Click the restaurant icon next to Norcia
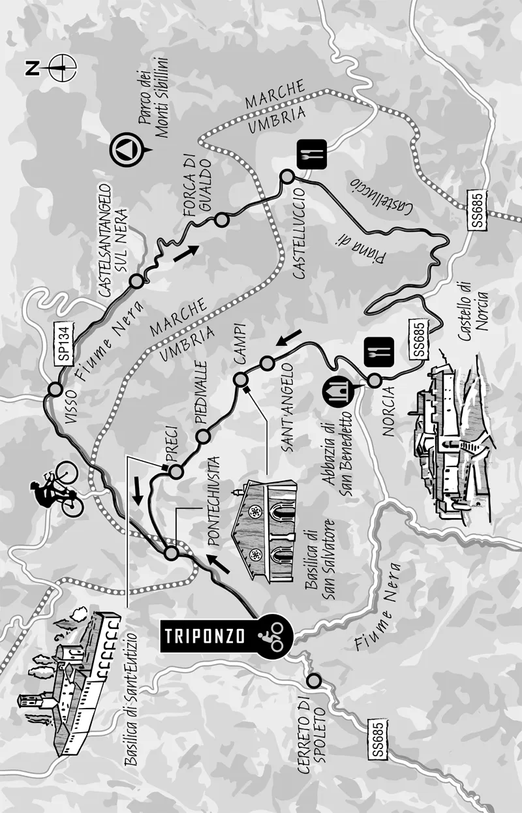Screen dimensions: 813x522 click(x=376, y=352)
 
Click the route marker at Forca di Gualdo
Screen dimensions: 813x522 click(x=222, y=219)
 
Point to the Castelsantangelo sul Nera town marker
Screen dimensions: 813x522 click(x=136, y=281)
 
